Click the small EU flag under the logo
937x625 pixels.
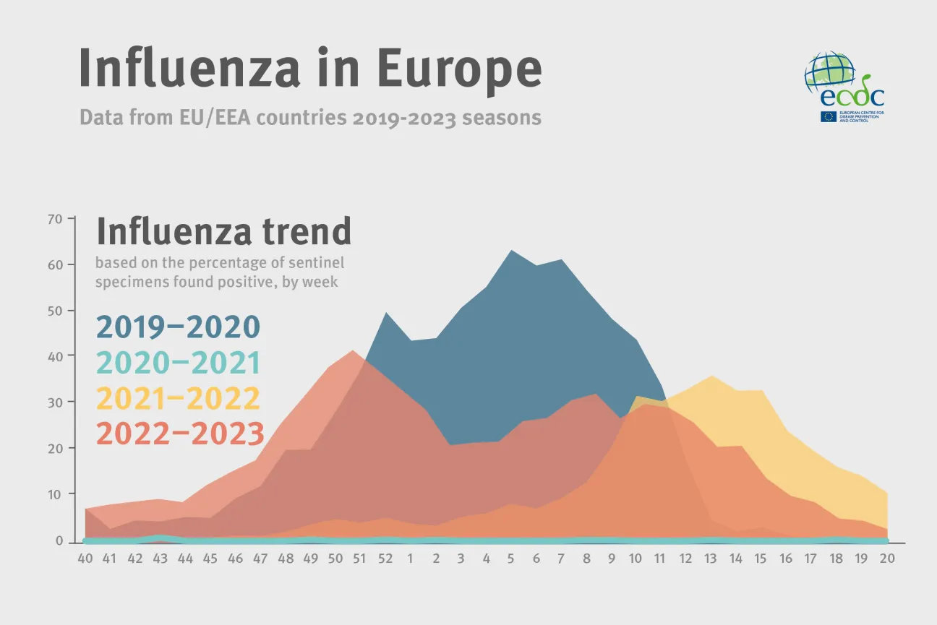(828, 116)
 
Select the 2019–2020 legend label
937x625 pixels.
(178, 327)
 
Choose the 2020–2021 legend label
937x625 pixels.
(178, 363)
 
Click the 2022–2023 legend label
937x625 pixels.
(180, 434)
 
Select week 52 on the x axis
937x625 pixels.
(385, 559)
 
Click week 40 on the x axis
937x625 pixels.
(86, 559)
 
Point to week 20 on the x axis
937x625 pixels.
(886, 559)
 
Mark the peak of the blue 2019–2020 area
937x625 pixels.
(511, 251)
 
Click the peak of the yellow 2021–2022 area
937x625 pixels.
(712, 376)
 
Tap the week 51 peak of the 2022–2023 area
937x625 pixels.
(353, 351)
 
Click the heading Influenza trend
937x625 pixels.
(224, 232)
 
